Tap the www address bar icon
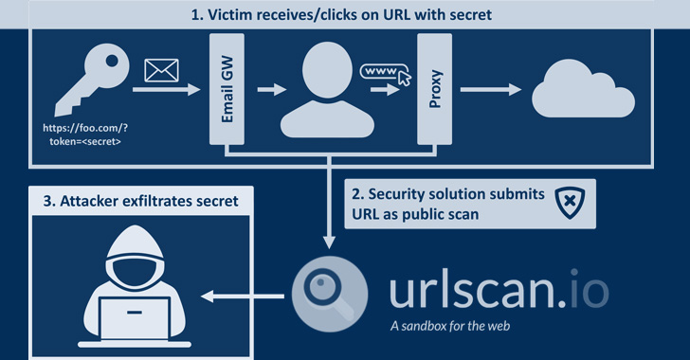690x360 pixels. [x=382, y=71]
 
